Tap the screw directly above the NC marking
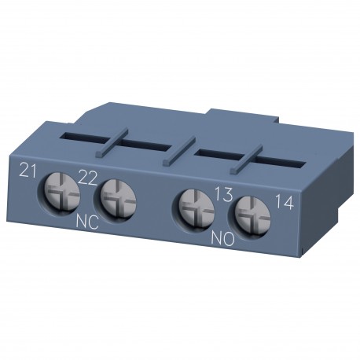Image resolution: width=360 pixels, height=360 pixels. [x=115, y=196]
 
